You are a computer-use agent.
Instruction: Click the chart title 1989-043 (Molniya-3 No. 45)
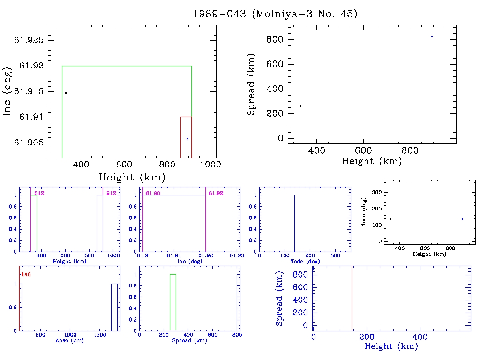(x=275, y=14)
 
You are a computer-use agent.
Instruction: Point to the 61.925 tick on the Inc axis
(x=30, y=40)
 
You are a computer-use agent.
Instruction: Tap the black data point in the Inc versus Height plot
(x=66, y=93)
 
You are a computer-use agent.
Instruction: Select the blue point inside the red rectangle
(x=187, y=139)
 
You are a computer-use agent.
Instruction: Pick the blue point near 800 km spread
(x=432, y=37)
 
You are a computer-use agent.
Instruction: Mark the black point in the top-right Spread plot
(x=300, y=106)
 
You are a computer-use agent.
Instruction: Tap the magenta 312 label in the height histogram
(x=39, y=193)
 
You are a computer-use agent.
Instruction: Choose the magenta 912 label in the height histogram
(x=111, y=193)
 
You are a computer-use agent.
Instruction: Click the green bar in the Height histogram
(x=34, y=223)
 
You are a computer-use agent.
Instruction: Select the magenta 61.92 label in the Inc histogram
(x=216, y=193)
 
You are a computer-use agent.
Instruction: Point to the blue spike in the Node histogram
(x=294, y=223)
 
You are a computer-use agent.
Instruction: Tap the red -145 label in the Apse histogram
(x=26, y=274)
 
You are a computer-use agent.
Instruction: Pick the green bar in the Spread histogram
(x=173, y=302)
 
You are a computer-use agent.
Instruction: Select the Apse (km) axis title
(x=69, y=341)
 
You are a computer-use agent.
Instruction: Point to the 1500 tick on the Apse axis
(x=100, y=335)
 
